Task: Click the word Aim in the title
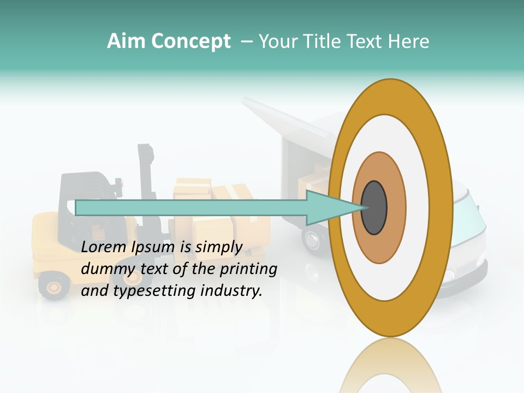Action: coord(126,41)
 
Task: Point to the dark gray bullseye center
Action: coord(374,207)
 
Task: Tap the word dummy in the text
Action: coord(105,269)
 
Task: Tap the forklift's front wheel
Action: coord(53,285)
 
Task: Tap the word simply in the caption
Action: coord(218,247)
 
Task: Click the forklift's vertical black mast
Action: coord(146,175)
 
